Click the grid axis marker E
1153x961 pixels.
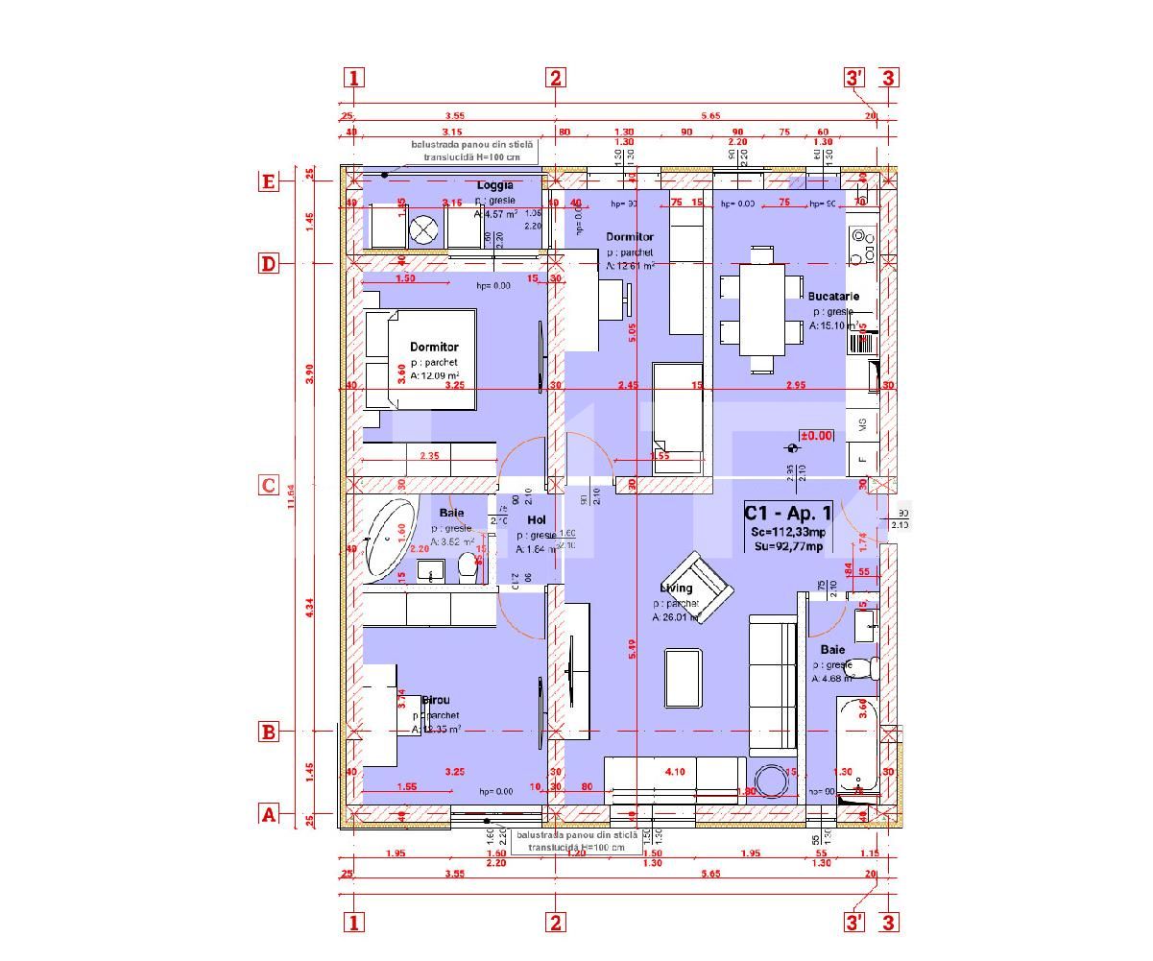tap(269, 181)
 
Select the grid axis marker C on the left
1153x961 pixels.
tap(269, 486)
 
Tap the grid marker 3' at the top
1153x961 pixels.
tap(854, 78)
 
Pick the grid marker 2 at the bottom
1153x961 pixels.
tap(555, 923)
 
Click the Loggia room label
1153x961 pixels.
tap(495, 185)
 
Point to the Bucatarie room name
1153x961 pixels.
tap(832, 297)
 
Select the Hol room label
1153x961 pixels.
tap(537, 520)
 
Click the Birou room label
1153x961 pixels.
tap(435, 701)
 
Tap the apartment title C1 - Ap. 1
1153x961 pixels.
tap(787, 515)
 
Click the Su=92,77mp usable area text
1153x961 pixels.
tap(787, 547)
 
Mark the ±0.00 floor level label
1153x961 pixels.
tap(816, 436)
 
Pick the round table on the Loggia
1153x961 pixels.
tap(423, 228)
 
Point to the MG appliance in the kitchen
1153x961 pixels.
tap(862, 423)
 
